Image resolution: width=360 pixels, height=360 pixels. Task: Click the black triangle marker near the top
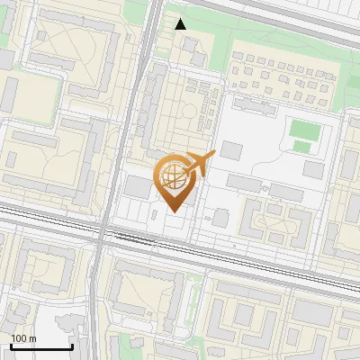click(x=181, y=23)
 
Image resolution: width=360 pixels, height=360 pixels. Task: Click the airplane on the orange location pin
click(x=200, y=164)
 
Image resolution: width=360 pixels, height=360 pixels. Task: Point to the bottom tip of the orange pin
click(x=173, y=211)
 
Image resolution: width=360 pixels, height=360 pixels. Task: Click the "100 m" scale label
click(x=23, y=338)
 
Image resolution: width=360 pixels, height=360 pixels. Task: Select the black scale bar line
click(x=41, y=346)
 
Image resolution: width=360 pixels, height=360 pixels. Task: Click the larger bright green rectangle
click(x=303, y=128)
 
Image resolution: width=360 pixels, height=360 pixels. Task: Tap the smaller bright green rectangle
click(x=302, y=147)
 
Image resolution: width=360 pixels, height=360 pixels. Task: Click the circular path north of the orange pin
click(x=188, y=113)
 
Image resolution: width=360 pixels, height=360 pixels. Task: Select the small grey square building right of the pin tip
click(x=220, y=218)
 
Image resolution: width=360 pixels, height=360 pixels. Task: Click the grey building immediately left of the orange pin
click(x=137, y=187)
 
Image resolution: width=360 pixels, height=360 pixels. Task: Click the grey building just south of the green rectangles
click(x=314, y=169)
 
